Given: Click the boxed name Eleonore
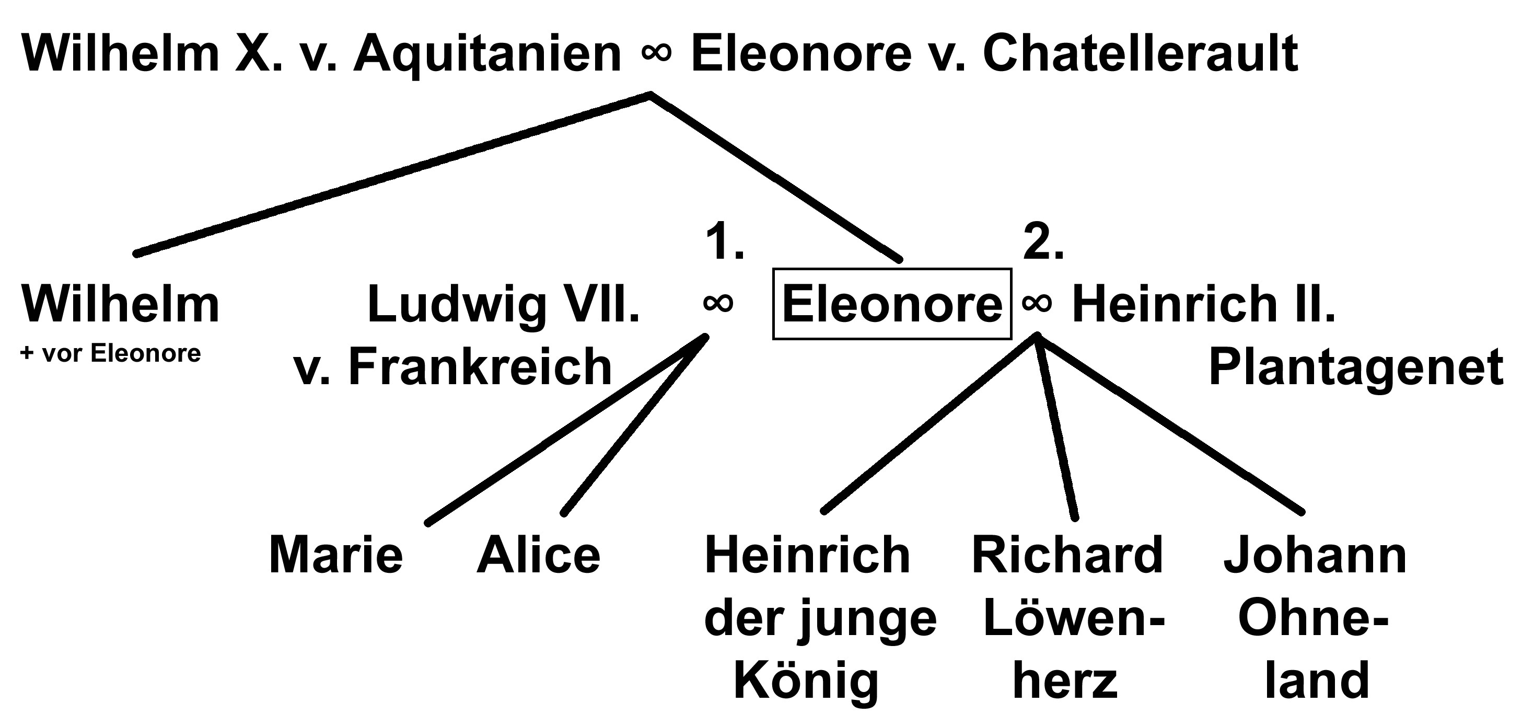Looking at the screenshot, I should click(x=892, y=304).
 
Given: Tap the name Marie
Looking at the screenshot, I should click(x=335, y=556).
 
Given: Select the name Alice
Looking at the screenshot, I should click(x=538, y=556).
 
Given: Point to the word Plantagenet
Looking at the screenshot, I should click(x=1356, y=368).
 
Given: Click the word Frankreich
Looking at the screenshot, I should click(x=480, y=368).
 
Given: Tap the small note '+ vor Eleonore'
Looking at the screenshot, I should click(x=110, y=353).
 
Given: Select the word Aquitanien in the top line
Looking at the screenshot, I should click(x=487, y=54).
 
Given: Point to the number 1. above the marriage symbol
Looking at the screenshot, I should click(x=724, y=243).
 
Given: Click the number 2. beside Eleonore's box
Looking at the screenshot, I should click(x=1043, y=243).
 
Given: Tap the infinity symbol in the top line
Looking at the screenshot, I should click(x=656, y=52).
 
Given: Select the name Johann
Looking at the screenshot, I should click(x=1315, y=556).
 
